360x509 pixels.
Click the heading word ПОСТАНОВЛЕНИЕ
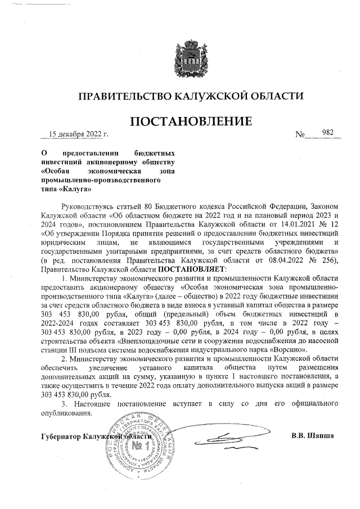pyautogui.click(x=191, y=121)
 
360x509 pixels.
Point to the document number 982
pyautogui.click(x=327, y=133)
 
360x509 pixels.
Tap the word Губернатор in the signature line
pyautogui.click(x=61, y=436)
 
